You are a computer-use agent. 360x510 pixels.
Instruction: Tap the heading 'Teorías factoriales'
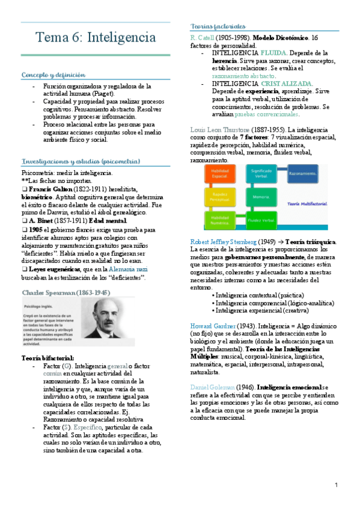[x=218, y=26]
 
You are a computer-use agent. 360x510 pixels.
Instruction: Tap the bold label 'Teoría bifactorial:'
[x=48, y=358]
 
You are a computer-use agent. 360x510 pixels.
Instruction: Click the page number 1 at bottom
[x=337, y=485]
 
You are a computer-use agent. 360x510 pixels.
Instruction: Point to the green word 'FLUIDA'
[x=274, y=53]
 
